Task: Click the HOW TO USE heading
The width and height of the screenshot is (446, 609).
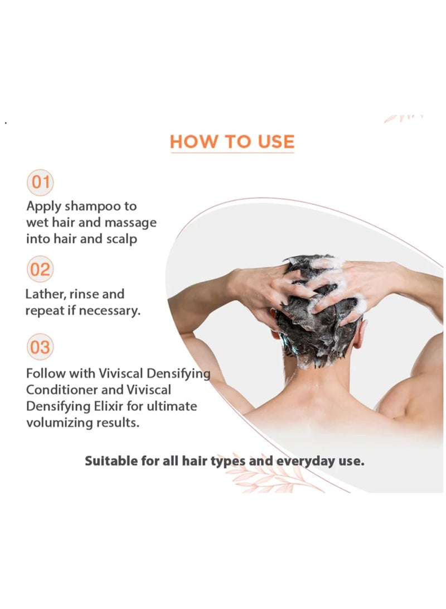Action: point(232,142)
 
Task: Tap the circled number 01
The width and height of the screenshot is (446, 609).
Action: point(40,183)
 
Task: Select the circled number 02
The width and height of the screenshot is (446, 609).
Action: point(40,270)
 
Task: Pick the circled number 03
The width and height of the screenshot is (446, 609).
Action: point(40,347)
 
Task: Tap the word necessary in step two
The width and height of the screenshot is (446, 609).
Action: point(109,310)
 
